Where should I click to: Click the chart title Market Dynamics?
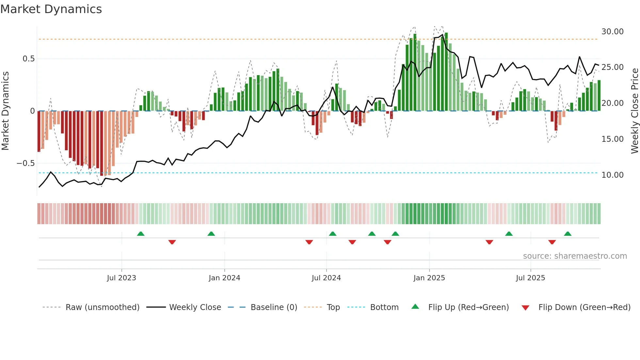51,9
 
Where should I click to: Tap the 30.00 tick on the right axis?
612,32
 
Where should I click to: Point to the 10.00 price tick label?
612,175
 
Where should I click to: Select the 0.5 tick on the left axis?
28,59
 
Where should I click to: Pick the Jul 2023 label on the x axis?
121,278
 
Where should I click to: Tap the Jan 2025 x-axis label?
429,278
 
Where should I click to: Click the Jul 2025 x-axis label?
530,278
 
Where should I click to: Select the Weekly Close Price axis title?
634,111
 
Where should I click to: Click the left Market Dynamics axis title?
5,111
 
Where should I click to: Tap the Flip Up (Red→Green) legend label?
468,307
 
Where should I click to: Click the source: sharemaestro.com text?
575,256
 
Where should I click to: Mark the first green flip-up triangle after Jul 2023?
141,234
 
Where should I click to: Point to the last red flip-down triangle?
552,242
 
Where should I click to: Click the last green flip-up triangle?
568,234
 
